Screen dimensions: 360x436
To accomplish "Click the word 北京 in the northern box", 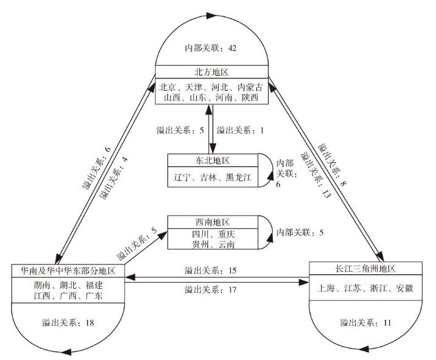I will point(171,86).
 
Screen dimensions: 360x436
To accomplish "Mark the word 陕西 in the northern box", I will point(250,97).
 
